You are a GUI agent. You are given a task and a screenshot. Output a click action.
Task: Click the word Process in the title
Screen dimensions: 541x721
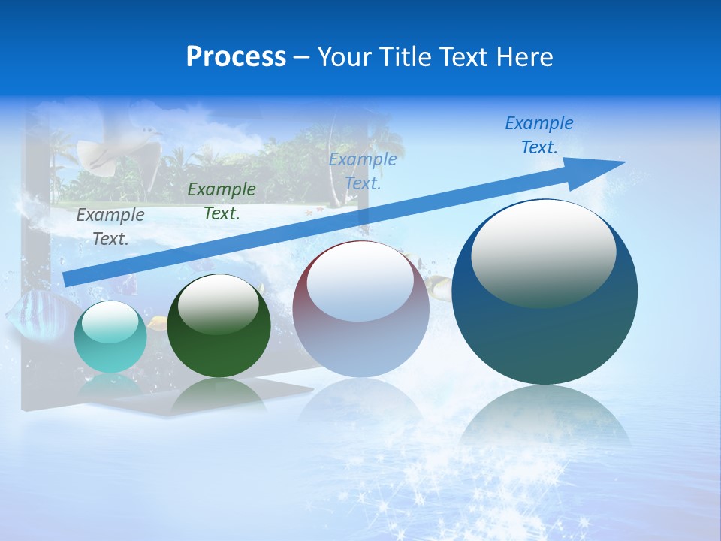[x=236, y=57]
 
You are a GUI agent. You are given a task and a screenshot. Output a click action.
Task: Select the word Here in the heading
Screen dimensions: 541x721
[x=523, y=57]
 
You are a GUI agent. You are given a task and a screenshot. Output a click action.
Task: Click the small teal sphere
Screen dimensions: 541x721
[x=110, y=337]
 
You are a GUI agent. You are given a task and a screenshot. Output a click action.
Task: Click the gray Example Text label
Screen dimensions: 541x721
[x=110, y=226]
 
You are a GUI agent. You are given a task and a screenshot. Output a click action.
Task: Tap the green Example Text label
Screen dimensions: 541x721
[x=222, y=201]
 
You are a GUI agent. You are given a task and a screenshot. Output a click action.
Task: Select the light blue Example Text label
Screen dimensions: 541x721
[x=363, y=171]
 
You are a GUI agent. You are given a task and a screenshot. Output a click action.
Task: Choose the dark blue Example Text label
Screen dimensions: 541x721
[x=539, y=134]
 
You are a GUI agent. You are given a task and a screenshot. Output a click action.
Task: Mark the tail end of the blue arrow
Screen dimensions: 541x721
[x=68, y=279]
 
